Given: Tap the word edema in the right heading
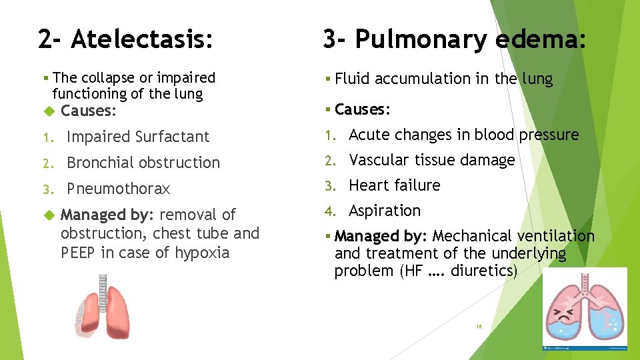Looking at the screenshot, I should pyautogui.click(x=541, y=40).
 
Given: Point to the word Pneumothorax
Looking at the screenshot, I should pyautogui.click(x=119, y=189).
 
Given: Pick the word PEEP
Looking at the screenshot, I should pyautogui.click(x=79, y=253).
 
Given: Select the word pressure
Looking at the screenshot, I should pyautogui.click(x=549, y=135).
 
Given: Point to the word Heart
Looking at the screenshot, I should pyautogui.click(x=368, y=185).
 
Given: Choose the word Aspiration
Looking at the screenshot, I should pyautogui.click(x=385, y=211).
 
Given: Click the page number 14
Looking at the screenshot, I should pyautogui.click(x=479, y=327).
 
